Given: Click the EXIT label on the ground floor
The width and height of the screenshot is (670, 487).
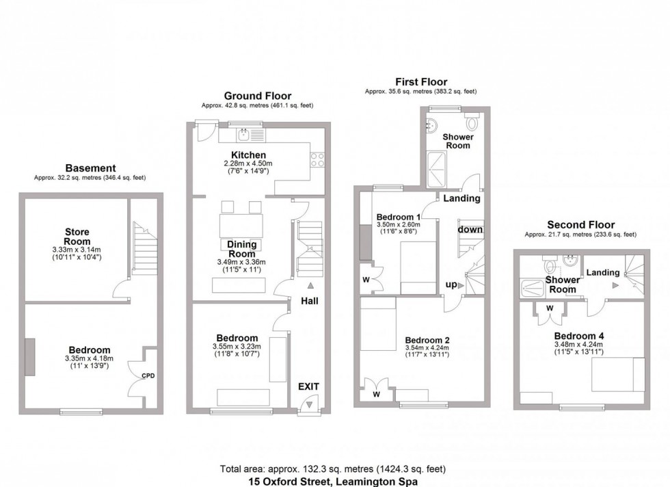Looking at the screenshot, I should tap(308, 387).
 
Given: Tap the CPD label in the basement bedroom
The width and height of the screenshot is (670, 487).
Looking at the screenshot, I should tap(148, 376).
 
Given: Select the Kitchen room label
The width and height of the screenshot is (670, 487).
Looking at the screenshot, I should tap(248, 155).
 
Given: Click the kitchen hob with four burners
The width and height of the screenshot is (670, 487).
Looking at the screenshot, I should tap(318, 159).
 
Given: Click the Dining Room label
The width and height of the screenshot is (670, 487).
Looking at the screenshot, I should tap(241, 249).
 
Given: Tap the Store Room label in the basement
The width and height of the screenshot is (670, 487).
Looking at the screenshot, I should tap(77, 237).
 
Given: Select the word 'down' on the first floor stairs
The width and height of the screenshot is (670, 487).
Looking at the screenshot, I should tap(470, 230).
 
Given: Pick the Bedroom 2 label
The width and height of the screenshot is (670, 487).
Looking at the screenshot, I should tap(427, 341).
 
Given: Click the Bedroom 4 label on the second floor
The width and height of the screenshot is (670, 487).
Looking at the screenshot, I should tap(578, 336).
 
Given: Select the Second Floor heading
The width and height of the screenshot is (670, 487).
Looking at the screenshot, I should tap(580, 224).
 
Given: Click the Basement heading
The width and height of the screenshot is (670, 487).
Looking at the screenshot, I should tap(90, 168).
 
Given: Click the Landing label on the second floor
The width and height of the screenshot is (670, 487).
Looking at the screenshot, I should tap(603, 272).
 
